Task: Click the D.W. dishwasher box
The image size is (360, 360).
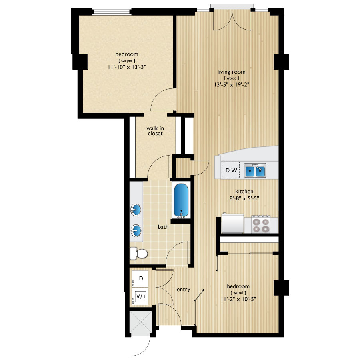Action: [x=231, y=170]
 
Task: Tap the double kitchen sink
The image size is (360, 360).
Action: [x=255, y=171]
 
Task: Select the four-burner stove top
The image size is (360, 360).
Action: [x=260, y=224]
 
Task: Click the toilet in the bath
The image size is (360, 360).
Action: [x=138, y=253]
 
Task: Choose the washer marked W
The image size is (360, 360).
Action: [x=140, y=297]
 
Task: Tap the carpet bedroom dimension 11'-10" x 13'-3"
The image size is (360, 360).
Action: [x=127, y=67]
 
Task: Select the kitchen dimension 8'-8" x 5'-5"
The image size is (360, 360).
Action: [x=244, y=199]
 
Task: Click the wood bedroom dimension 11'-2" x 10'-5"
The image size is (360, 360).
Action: [x=238, y=299]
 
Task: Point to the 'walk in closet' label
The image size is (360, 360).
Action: [x=154, y=131]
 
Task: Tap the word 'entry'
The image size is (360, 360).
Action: [x=183, y=290]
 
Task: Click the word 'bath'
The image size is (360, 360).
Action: [x=163, y=227]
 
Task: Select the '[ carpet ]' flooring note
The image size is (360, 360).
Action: [x=127, y=60]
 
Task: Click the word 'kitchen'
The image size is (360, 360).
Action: [x=244, y=192]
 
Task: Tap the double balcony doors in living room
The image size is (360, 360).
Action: [x=232, y=20]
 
